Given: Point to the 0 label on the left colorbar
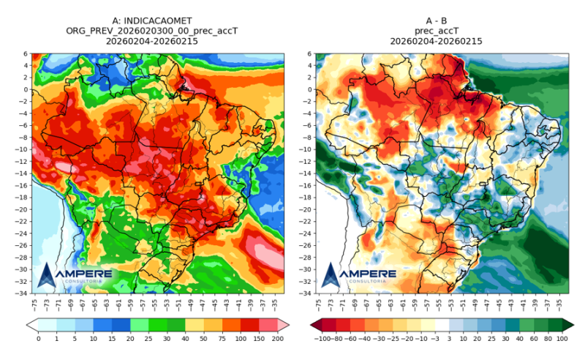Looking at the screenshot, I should click(x=38, y=339).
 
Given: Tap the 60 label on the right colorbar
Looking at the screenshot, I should click(x=534, y=339).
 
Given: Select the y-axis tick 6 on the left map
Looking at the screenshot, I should click(x=25, y=53).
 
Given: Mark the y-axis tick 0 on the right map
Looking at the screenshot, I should click(x=309, y=89).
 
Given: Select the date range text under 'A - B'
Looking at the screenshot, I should click(x=439, y=42).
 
